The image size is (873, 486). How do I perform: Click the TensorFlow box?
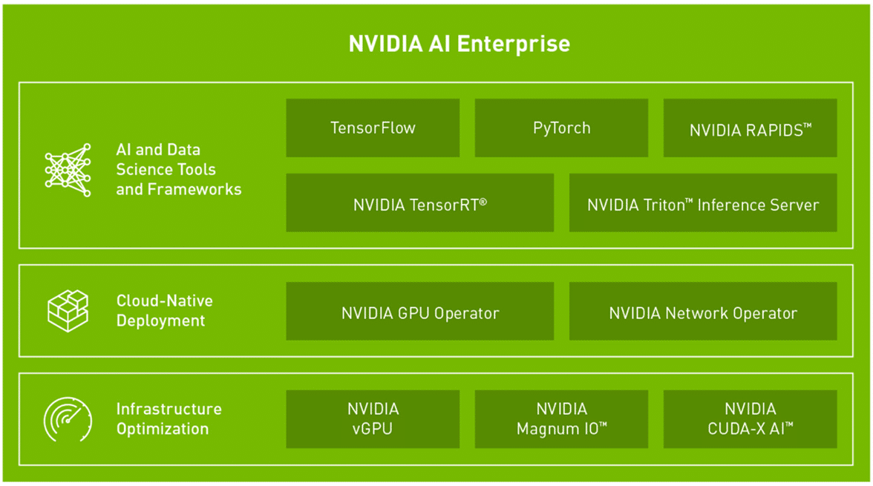[x=373, y=128]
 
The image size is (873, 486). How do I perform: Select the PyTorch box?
[x=561, y=128]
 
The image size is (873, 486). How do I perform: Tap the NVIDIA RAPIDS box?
[x=750, y=128]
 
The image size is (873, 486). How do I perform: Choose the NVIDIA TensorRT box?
[x=420, y=203]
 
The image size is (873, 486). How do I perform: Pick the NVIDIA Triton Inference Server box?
[x=702, y=203]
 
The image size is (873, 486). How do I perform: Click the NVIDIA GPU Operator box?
[x=420, y=311]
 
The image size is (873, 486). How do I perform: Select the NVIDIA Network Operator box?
[x=702, y=311]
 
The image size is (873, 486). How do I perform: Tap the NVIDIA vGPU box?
[x=373, y=419]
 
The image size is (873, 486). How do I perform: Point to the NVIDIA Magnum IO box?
[x=561, y=419]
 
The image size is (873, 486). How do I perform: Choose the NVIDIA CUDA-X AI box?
[x=750, y=419]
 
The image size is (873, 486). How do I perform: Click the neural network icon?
[x=68, y=170]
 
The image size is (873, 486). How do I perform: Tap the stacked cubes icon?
[x=68, y=311]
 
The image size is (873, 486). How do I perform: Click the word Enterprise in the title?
[x=513, y=44]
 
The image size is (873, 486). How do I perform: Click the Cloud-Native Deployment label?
[x=164, y=311]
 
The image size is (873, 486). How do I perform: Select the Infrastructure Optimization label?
[x=169, y=418]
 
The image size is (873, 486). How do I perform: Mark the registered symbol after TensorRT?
[x=483, y=202]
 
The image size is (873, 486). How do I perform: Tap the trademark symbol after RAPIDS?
[x=808, y=126]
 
